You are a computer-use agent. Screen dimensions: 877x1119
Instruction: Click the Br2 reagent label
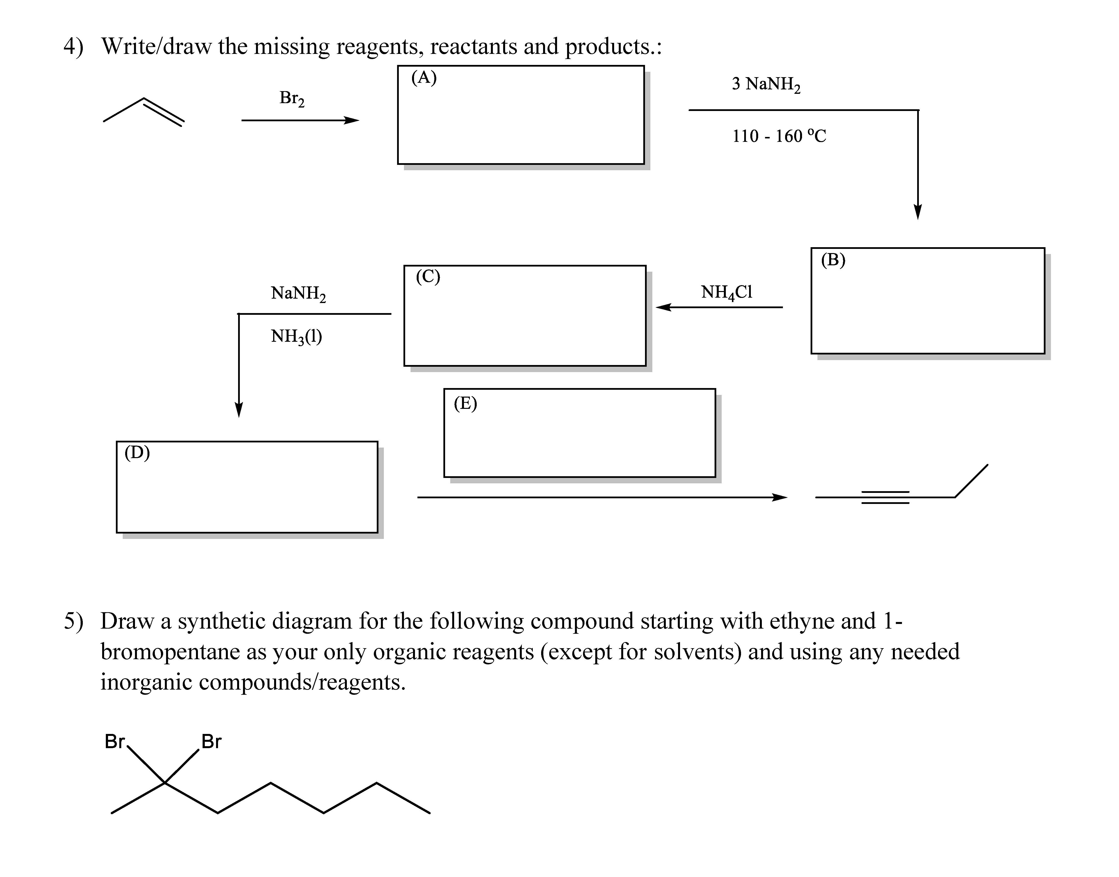pos(292,98)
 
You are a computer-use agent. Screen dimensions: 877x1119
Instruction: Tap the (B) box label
pos(833,260)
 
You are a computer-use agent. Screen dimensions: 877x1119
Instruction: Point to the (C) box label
pos(427,277)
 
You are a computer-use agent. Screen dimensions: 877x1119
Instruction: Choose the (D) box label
pos(137,452)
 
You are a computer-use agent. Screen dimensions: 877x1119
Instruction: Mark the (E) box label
pos(465,403)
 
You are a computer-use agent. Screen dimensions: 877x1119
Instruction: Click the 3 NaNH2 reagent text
pos(766,84)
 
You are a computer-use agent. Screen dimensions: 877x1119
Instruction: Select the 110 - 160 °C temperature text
pos(779,136)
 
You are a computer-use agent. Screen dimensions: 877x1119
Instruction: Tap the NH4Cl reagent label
pos(726,292)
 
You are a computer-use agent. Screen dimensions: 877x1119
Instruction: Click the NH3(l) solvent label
pos(296,336)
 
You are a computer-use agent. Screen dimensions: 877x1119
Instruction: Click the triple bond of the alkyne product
pos(885,497)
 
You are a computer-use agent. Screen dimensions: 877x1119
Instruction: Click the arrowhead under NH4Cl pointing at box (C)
pos(663,307)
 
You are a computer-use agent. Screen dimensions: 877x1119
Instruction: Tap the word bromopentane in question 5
pos(170,652)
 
